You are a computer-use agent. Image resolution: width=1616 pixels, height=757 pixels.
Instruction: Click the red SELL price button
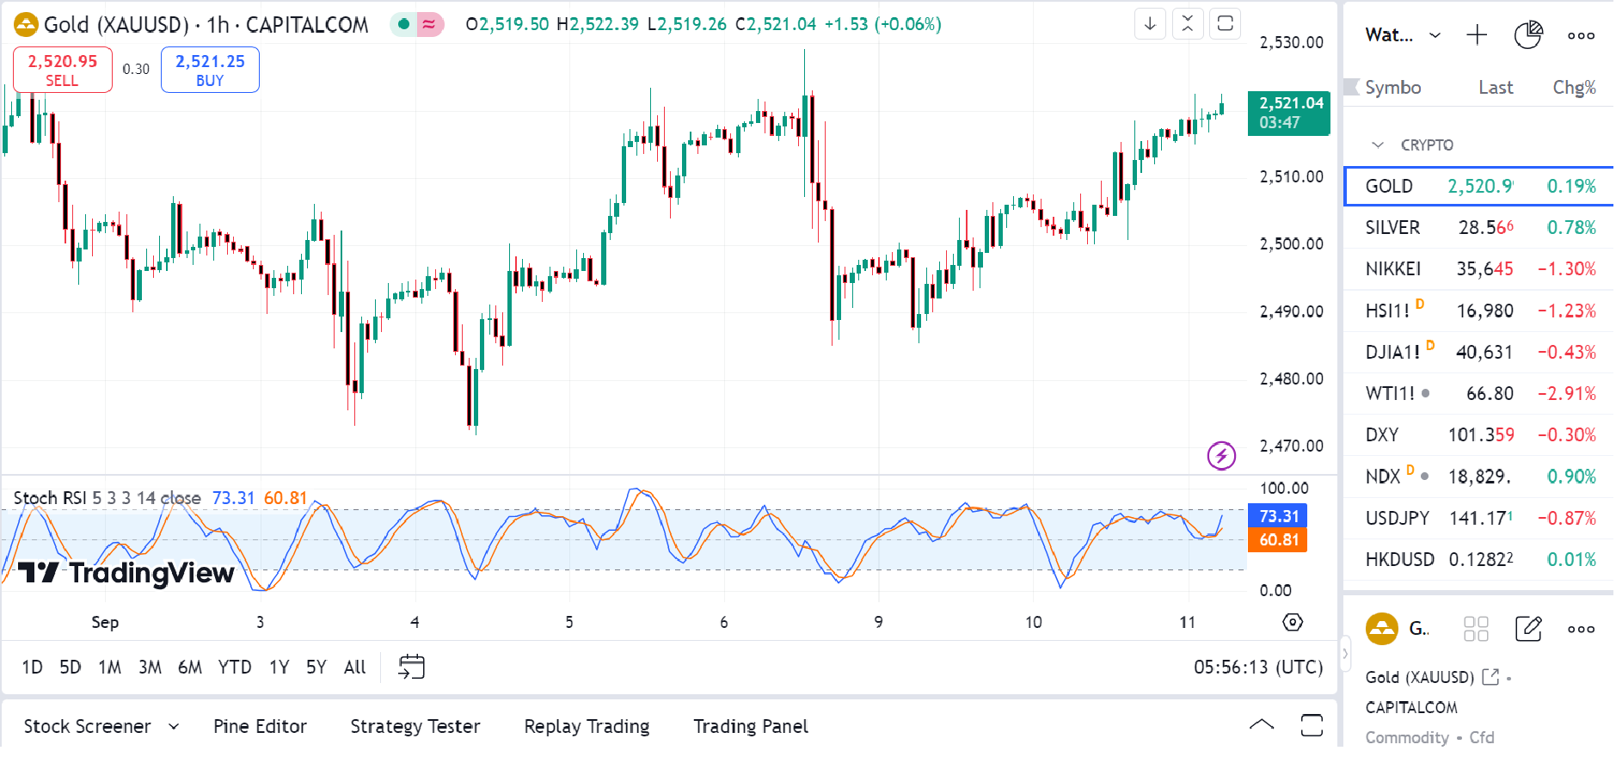[x=63, y=70]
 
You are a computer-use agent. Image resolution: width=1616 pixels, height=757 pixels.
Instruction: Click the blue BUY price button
[x=210, y=70]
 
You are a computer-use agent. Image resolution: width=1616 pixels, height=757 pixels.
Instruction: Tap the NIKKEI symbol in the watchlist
[x=1392, y=269]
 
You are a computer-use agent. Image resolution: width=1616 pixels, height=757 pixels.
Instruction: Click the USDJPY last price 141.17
[x=1480, y=519]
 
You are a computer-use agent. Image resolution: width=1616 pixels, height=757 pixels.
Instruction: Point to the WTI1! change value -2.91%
[x=1566, y=394]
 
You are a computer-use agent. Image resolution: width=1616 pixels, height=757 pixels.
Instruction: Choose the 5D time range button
[x=71, y=668]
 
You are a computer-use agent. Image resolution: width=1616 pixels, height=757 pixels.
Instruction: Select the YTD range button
[x=234, y=668]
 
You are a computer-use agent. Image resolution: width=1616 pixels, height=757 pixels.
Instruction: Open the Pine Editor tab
[x=260, y=727]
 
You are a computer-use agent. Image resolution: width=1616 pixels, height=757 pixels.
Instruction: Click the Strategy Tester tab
[x=415, y=727]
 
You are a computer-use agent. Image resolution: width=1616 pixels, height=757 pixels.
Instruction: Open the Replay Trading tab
[x=587, y=727]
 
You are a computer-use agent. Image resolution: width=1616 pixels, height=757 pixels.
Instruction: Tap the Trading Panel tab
[x=751, y=727]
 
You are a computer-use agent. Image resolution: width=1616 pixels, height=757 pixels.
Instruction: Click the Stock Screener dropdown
[x=101, y=727]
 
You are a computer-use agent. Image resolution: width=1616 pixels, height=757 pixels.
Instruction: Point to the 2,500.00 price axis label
[x=1291, y=244]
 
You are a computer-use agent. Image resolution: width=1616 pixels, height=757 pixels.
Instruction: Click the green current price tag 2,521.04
[x=1288, y=113]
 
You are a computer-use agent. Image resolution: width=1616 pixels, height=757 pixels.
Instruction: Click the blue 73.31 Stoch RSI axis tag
[x=1278, y=516]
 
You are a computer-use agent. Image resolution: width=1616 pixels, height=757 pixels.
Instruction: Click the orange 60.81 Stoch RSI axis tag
[x=1278, y=540]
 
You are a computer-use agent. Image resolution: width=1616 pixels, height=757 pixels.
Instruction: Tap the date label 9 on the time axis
[x=878, y=622]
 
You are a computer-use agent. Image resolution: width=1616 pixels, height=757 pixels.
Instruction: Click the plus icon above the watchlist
[x=1477, y=35]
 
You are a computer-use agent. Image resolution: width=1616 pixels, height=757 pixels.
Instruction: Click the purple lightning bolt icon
[x=1221, y=455]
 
